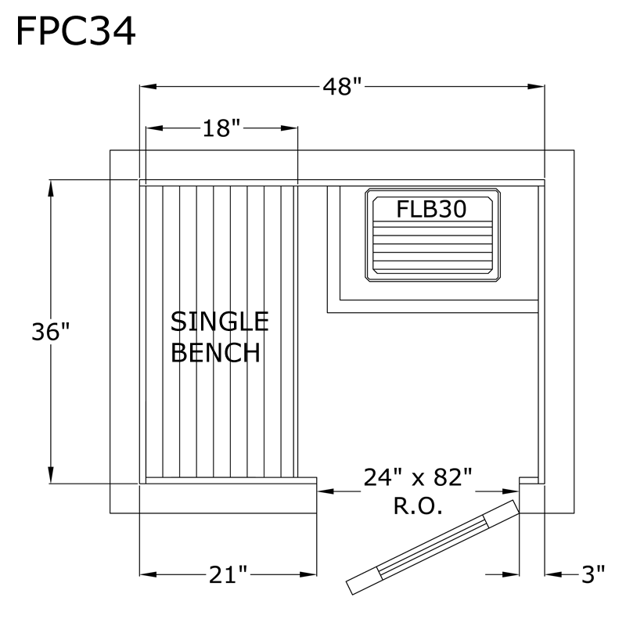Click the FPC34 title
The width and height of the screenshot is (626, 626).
pos(75,32)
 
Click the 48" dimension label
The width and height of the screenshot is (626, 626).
pos(342,87)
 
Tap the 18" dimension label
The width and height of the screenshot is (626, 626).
pos(222,128)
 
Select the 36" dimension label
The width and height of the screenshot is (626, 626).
pos(51,331)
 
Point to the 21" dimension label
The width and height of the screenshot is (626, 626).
pos(228,575)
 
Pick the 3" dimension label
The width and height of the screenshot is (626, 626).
pos(593,574)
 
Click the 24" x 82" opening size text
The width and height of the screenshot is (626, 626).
pos(418,477)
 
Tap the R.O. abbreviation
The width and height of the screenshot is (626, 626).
pos(418,505)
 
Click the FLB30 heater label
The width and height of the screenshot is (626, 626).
pos(431,209)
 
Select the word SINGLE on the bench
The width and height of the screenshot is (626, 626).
pos(220,322)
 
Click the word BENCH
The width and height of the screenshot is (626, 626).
pos(216,352)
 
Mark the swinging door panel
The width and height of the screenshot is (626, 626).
pos(433,547)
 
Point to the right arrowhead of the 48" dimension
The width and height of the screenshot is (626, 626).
pos(536,87)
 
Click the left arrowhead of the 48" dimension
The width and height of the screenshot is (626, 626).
pos(148,87)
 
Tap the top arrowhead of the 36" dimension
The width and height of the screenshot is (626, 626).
pos(51,189)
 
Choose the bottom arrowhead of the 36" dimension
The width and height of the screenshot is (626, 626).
pos(51,475)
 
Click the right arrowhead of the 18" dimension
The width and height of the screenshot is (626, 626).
pos(289,128)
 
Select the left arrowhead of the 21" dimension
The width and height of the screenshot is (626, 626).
pos(148,575)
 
